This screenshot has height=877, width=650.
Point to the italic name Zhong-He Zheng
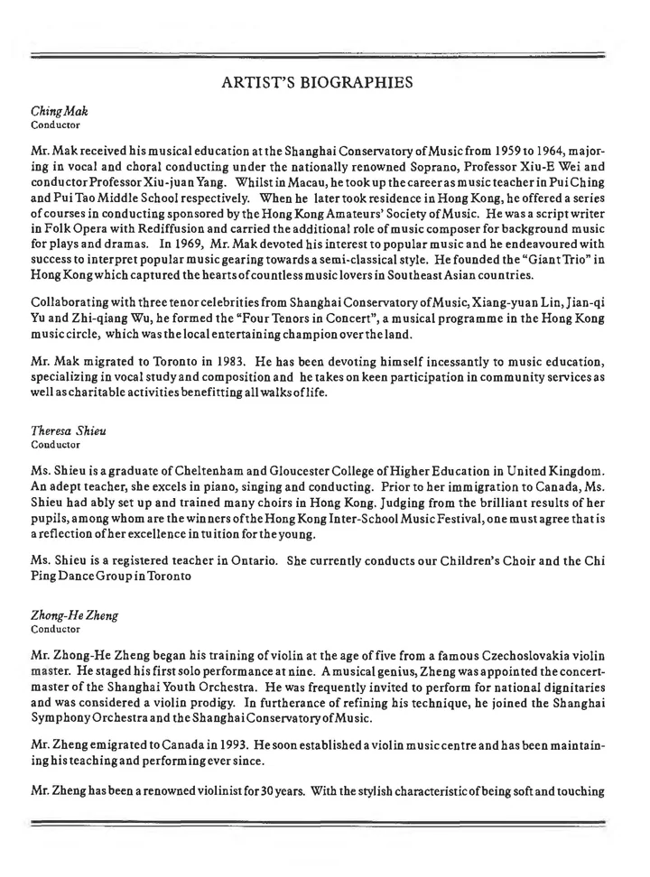tap(72, 608)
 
